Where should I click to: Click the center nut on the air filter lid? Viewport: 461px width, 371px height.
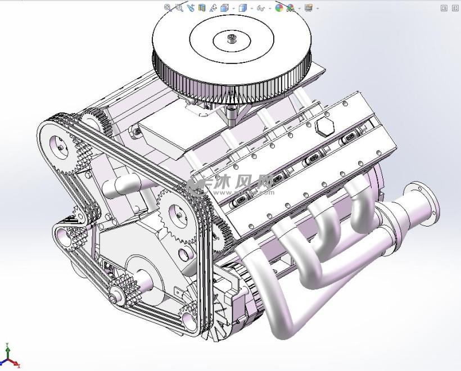[231, 39]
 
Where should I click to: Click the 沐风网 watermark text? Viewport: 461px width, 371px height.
[247, 182]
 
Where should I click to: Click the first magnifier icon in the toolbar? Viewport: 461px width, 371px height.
[168, 8]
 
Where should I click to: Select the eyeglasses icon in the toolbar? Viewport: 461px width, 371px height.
[260, 8]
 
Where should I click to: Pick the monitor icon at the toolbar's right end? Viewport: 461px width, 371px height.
[308, 8]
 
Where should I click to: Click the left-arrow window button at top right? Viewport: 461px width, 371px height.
[444, 8]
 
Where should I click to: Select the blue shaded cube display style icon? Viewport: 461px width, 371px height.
[243, 8]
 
